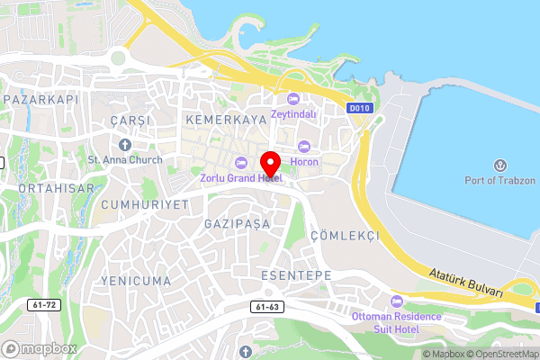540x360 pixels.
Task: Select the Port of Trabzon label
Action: pyautogui.click(x=499, y=179)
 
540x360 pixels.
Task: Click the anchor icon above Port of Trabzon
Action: pyautogui.click(x=500, y=165)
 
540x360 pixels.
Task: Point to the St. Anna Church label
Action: pyautogui.click(x=125, y=160)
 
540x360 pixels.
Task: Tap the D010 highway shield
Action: pyautogui.click(x=359, y=108)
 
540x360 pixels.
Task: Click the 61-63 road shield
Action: pyautogui.click(x=267, y=307)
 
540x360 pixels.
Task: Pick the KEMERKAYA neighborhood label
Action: pyautogui.click(x=226, y=119)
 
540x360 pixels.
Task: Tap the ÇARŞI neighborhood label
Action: pyautogui.click(x=127, y=120)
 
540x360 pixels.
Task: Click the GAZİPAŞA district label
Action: pyautogui.click(x=238, y=223)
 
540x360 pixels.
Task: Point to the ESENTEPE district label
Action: pyautogui.click(x=295, y=274)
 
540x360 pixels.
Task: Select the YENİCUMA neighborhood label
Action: pyautogui.click(x=137, y=281)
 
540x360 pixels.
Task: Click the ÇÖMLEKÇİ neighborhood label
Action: pyautogui.click(x=345, y=234)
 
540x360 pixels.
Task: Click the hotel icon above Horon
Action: pyautogui.click(x=304, y=147)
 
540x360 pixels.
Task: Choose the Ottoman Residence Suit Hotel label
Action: pyautogui.click(x=397, y=322)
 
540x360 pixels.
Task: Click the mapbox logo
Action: pyautogui.click(x=40, y=348)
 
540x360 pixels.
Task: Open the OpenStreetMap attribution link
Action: pyautogui.click(x=500, y=354)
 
